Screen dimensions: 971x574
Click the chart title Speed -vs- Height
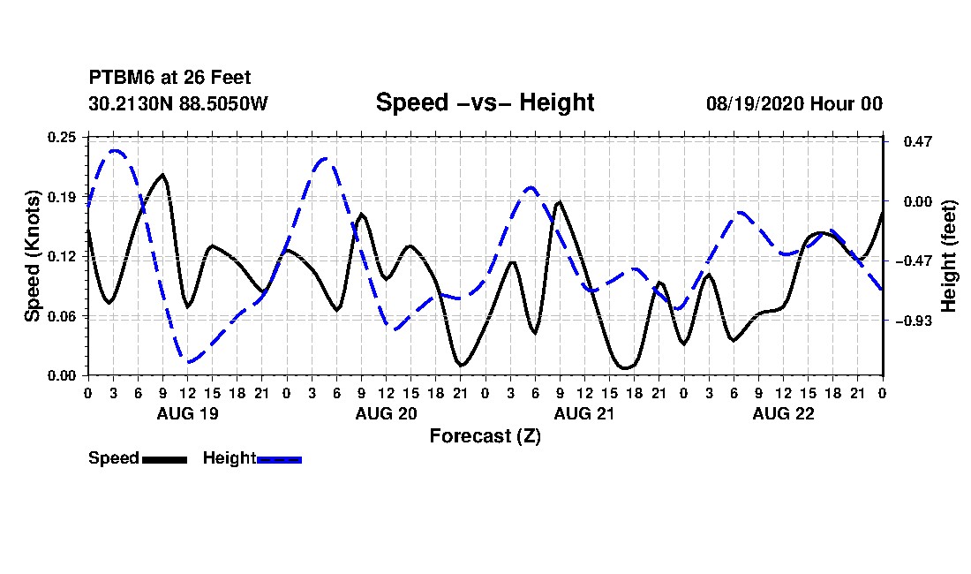(485, 102)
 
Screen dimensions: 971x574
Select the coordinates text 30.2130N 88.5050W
(178, 103)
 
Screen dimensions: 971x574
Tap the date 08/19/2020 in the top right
(755, 103)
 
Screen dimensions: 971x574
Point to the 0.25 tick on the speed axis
(62, 137)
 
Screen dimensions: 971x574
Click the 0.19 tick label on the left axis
(62, 197)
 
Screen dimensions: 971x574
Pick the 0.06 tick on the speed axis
(62, 316)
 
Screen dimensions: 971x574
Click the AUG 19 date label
(188, 413)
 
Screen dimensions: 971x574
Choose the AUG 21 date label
(584, 413)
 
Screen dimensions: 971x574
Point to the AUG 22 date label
(783, 413)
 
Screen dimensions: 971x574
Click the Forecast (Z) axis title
(485, 436)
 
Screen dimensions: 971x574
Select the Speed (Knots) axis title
(32, 256)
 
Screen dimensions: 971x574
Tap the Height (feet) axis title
(949, 256)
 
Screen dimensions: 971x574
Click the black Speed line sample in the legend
(165, 459)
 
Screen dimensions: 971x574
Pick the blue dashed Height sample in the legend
(279, 459)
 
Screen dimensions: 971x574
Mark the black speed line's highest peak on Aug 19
(163, 175)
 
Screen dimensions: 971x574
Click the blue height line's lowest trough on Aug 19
(189, 361)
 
